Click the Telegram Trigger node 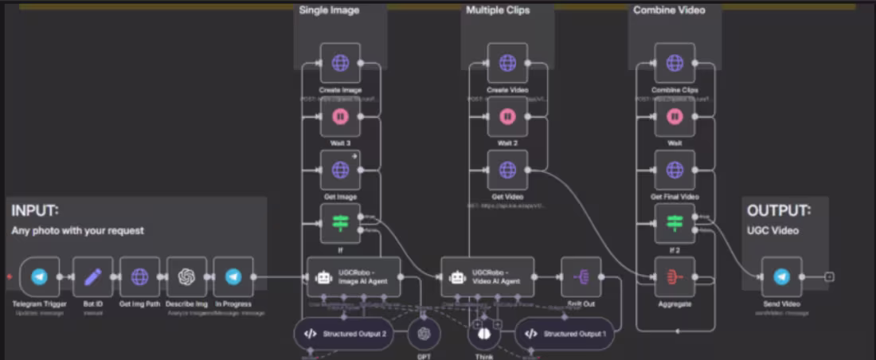pyautogui.click(x=39, y=277)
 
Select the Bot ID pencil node pyautogui.click(x=92, y=277)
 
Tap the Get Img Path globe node pyautogui.click(x=139, y=277)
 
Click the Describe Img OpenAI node pyautogui.click(x=186, y=277)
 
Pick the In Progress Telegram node pyautogui.click(x=233, y=277)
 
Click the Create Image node pyautogui.click(x=340, y=64)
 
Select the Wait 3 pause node pyautogui.click(x=340, y=117)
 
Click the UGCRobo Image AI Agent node pyautogui.click(x=354, y=277)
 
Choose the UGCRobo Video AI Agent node pyautogui.click(x=487, y=277)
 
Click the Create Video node pyautogui.click(x=507, y=64)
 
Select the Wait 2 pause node pyautogui.click(x=507, y=117)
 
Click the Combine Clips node pyautogui.click(x=675, y=64)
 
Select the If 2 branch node pyautogui.click(x=675, y=224)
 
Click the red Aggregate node pyautogui.click(x=675, y=277)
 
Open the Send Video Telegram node pyautogui.click(x=781, y=277)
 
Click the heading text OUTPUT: pyautogui.click(x=778, y=211)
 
